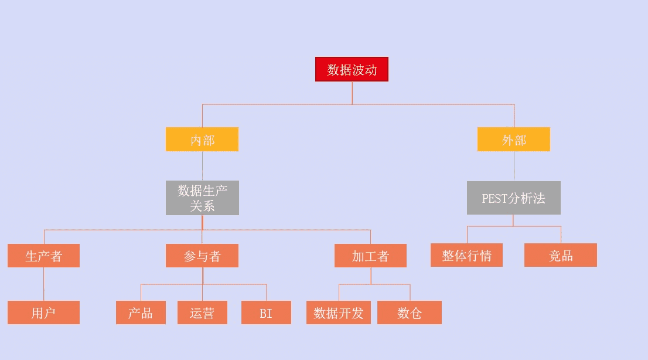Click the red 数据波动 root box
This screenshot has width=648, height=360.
(352, 69)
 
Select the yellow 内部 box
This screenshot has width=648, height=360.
(202, 140)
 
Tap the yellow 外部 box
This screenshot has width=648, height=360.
(514, 140)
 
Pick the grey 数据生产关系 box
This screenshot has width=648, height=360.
(202, 198)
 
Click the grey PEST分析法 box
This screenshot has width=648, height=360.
(514, 198)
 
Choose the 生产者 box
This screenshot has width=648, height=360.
(43, 256)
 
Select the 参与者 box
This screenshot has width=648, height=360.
(202, 256)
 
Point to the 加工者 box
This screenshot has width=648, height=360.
(370, 256)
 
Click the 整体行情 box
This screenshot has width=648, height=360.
(466, 255)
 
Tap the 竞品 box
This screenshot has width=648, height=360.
(560, 255)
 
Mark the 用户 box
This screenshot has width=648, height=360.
(43, 313)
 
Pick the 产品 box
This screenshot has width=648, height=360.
(141, 313)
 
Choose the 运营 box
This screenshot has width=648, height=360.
(203, 313)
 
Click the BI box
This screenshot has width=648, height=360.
(266, 313)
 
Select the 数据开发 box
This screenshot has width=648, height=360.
(339, 313)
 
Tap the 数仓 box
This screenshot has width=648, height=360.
(410, 313)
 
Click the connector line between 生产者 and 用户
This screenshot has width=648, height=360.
(44, 284)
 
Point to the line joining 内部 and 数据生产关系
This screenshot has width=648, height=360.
(203, 166)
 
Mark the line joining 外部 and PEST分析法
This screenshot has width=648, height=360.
(514, 167)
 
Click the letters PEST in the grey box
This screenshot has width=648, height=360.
(494, 199)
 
